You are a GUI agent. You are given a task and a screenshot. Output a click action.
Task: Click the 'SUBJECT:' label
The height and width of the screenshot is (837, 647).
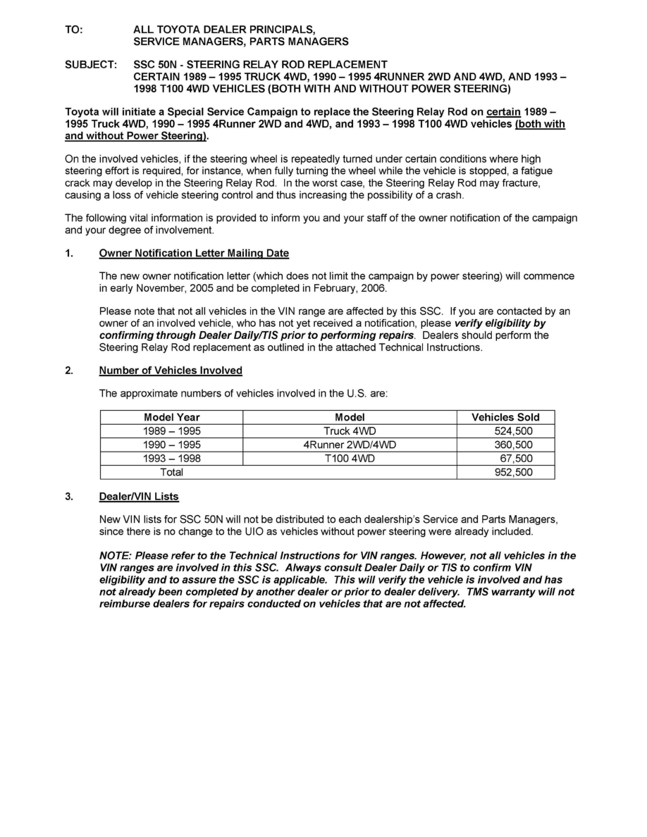[x=91, y=65]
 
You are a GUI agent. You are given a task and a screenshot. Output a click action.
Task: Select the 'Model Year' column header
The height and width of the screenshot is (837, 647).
[x=171, y=417]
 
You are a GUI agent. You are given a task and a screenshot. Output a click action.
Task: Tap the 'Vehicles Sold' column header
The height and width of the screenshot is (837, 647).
[x=505, y=417]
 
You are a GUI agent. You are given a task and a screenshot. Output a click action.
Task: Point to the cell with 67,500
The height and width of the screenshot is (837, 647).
[x=516, y=459]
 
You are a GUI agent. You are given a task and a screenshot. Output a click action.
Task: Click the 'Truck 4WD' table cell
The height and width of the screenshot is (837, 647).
[x=350, y=431]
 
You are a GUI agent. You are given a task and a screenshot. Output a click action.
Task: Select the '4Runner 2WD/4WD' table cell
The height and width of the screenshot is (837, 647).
[x=350, y=445]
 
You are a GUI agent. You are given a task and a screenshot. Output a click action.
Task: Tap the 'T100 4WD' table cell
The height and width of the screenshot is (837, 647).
[x=350, y=459]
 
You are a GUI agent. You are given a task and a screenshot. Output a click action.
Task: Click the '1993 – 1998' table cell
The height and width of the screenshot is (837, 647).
[x=171, y=459]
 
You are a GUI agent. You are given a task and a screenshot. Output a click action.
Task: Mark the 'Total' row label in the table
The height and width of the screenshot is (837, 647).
[x=171, y=472]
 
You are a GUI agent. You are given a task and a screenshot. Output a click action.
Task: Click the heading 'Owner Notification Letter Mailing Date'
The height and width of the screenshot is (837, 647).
[x=194, y=253]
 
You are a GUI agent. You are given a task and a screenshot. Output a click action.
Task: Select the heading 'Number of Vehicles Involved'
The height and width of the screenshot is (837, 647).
[x=171, y=371]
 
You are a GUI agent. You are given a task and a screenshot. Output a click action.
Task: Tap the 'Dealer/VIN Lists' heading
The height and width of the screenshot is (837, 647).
[x=139, y=497]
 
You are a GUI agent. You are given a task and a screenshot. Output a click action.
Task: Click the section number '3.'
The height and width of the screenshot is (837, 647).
[x=69, y=497]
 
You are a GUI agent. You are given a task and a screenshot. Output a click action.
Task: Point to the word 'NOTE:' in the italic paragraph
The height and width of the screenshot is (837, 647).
[x=116, y=556]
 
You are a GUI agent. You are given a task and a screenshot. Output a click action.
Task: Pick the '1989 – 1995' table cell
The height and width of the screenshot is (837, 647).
[x=171, y=431]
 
